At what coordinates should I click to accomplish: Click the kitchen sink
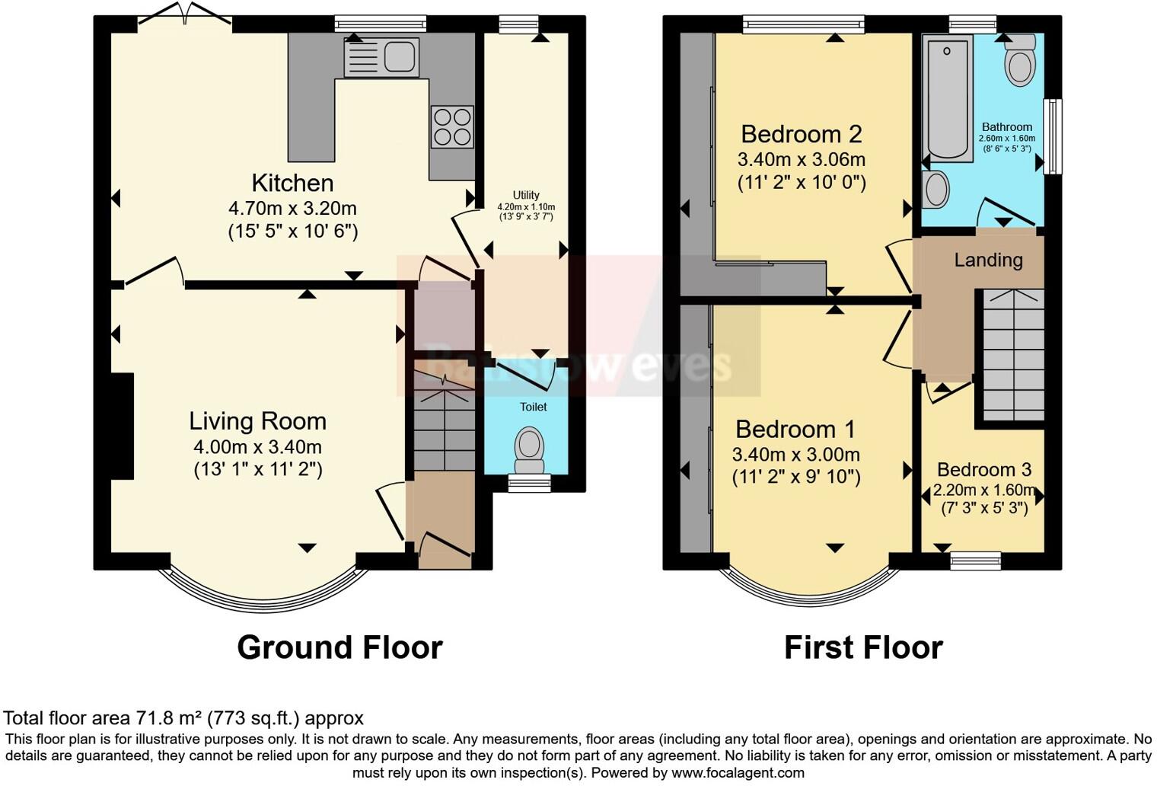pos(381,57)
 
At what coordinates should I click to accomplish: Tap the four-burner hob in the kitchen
pos(452,126)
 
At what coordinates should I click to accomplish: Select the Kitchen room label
pos(292,183)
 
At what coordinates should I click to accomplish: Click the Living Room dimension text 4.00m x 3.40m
pos(257,447)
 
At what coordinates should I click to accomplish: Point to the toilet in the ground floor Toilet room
pos(529,450)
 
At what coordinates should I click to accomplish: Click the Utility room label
pos(526,195)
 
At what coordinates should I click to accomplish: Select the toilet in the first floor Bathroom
pos(1019,61)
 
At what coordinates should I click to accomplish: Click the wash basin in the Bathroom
pos(936,189)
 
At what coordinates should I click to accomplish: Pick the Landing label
pos(988,260)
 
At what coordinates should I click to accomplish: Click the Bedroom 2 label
pos(801,135)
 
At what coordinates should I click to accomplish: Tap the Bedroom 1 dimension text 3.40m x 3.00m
pos(795,455)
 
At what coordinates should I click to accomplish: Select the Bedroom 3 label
pos(983,470)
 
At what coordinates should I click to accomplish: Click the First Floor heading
pos(863,647)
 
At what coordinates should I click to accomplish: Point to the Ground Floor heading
pos(339,647)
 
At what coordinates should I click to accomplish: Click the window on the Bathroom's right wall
pos(1052,137)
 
